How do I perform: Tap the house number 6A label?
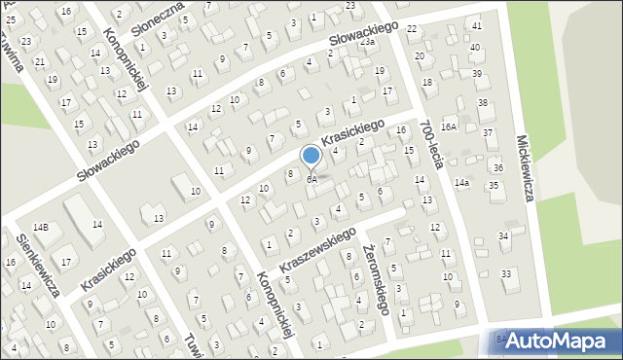[x=311, y=179]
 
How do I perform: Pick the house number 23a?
[x=367, y=42]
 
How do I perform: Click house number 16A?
[x=449, y=126]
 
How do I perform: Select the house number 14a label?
[x=462, y=182]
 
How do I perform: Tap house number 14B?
[x=40, y=227]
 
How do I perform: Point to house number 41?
[x=476, y=25]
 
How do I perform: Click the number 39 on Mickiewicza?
[x=477, y=74]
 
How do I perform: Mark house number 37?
[x=488, y=132]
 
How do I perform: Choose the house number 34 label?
[x=504, y=235]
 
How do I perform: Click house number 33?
[x=506, y=274]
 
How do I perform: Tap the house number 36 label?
[x=497, y=167]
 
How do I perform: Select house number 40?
[x=475, y=47]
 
